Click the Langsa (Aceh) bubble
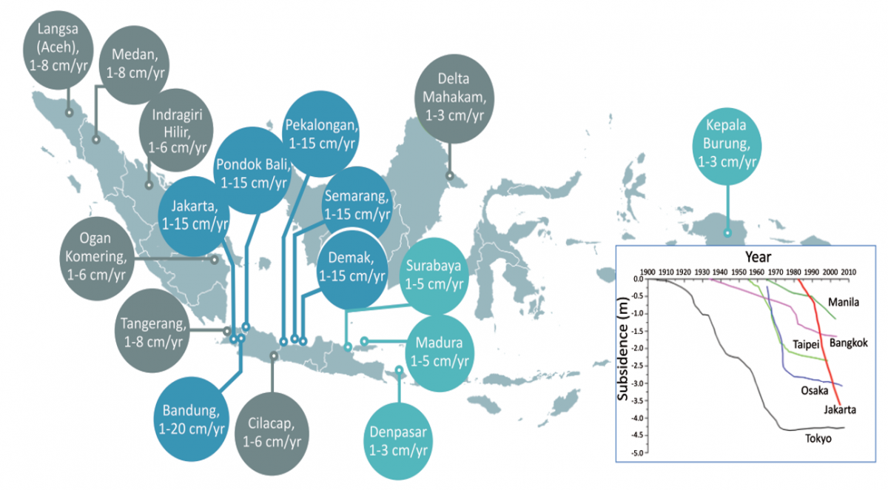coord(58,50)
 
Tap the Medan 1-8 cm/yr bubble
coord(135,64)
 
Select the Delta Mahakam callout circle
coord(454,98)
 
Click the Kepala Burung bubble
coord(727,146)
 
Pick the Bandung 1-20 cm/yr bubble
coord(192,419)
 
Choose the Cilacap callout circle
coord(272,434)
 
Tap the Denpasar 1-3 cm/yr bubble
coord(398,441)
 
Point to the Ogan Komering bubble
coord(97,258)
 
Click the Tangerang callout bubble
coord(152,331)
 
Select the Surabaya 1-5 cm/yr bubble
coord(434,276)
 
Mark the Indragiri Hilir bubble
coord(176,130)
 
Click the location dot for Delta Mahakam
coord(450,175)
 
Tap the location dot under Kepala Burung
coord(727,233)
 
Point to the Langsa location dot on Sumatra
coord(70,113)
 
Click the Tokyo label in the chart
coord(818,439)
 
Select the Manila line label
coord(844,303)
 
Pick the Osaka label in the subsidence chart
coord(815,391)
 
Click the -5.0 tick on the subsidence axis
coord(638,453)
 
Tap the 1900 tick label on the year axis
coord(647,272)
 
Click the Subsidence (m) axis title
coord(623,349)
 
